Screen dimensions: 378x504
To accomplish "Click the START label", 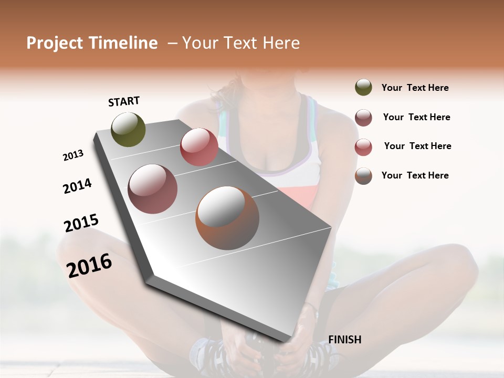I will point(124,101).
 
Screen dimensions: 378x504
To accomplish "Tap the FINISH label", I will point(345,340).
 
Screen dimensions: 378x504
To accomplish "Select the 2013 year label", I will point(73,155).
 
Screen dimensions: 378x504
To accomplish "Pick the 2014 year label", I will point(77,186).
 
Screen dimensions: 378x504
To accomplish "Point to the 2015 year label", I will point(81,223).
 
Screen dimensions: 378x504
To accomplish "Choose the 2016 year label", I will point(89,265).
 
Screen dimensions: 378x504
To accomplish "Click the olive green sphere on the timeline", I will point(128,129).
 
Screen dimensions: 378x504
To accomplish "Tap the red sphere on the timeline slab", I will point(199,147).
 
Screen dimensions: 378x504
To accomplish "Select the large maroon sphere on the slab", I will point(153,189).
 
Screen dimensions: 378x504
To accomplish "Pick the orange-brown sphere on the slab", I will point(227,218).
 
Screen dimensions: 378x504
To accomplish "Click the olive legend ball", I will point(363,88).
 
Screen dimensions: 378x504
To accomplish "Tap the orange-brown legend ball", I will point(363,176).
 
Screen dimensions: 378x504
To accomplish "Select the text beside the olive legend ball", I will point(415,88).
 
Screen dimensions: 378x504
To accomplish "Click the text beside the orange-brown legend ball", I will point(415,175).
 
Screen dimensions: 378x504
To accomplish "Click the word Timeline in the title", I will point(124,43).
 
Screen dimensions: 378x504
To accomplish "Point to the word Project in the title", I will point(55,43).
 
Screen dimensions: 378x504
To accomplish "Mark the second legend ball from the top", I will point(363,118).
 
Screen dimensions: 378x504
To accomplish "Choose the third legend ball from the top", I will point(363,147).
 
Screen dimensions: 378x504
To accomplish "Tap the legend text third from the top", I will point(417,146).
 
